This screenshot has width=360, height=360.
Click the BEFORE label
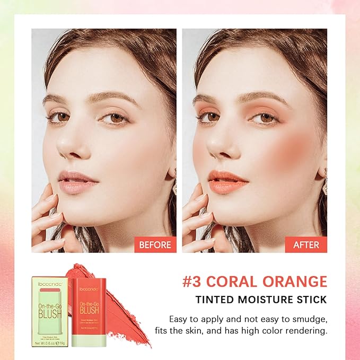[155, 245]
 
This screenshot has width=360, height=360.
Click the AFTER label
[306, 245]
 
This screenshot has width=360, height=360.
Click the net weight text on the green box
[49, 343]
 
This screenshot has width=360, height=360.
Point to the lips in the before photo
[77, 182]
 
